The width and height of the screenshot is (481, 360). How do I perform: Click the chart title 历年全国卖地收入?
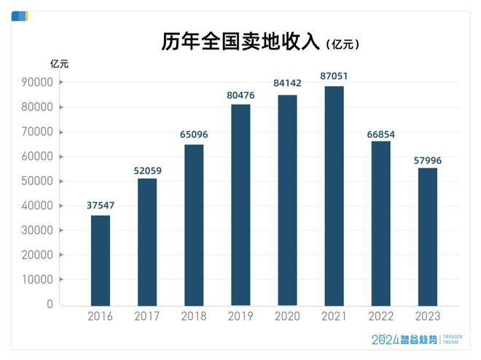240,42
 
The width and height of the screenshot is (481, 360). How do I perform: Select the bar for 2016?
100,259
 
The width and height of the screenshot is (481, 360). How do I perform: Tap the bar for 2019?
240,204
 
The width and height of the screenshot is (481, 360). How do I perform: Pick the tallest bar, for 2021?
334,195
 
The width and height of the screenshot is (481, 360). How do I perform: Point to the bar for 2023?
427,236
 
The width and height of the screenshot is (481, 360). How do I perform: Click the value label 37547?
100,206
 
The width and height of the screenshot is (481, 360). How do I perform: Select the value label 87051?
334,76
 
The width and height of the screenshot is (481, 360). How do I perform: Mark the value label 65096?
194,134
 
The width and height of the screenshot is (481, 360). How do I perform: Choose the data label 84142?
287,84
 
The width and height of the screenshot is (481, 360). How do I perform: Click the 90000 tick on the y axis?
34,82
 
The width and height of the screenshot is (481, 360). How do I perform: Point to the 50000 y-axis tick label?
34,181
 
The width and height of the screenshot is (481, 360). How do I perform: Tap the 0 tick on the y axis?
50,305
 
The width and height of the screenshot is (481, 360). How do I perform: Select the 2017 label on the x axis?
147,316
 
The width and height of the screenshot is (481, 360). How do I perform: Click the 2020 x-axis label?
287,316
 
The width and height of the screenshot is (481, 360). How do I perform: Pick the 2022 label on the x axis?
380,316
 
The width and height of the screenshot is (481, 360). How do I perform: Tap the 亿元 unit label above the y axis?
60,63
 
